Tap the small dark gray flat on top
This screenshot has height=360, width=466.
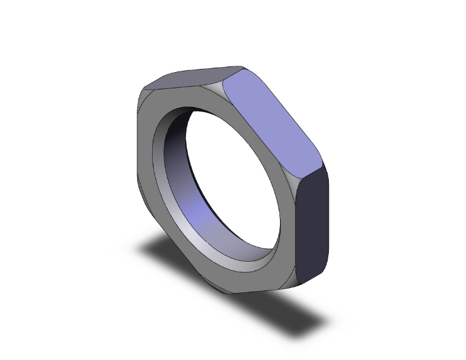click(x=188, y=79)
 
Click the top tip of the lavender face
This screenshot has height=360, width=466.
click(x=241, y=68)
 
